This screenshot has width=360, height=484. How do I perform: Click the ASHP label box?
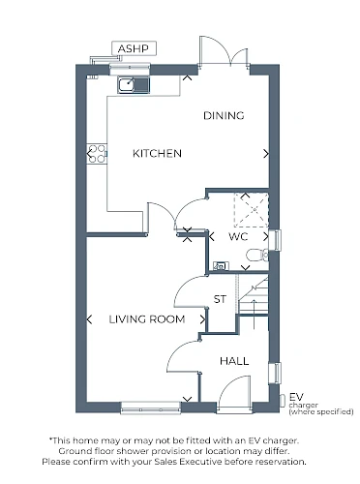(134, 48)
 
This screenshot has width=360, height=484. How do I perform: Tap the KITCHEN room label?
(157, 153)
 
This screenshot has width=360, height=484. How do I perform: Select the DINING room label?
(224, 115)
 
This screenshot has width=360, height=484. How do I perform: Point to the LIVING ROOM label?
(147, 319)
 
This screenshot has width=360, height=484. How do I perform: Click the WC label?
(238, 236)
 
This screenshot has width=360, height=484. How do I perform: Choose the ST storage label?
(220, 299)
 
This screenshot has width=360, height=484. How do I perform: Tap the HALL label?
(234, 361)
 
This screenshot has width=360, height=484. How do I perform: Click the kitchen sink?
(134, 85)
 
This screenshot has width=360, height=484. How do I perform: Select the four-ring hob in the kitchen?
(97, 154)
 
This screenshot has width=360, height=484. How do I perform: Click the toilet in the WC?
(257, 256)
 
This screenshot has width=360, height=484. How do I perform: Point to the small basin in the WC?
(221, 266)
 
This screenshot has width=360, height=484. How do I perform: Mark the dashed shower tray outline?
(252, 210)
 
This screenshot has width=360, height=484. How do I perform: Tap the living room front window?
(151, 408)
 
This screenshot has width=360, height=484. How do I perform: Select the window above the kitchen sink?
(130, 68)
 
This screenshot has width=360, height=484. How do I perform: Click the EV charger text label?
(321, 404)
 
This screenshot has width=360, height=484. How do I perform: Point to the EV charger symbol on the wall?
(282, 401)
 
